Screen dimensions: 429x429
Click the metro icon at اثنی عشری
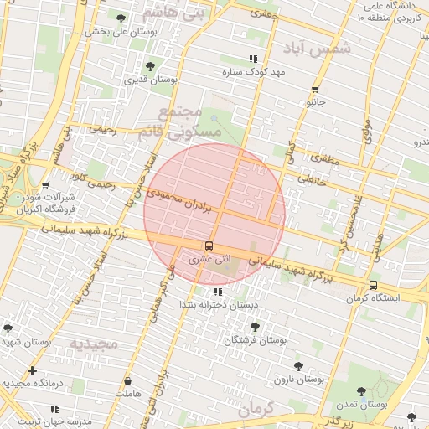[208, 246]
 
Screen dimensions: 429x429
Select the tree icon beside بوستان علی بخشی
[121, 18]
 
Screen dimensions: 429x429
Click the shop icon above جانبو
[315, 90]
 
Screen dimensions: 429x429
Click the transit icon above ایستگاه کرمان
[373, 285]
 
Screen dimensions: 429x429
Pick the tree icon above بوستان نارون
[298, 366]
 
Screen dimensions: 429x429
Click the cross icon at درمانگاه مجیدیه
[32, 370]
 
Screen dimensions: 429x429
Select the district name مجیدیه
[94, 344]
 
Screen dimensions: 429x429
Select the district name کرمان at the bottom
[256, 410]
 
